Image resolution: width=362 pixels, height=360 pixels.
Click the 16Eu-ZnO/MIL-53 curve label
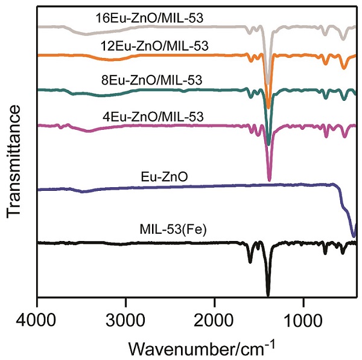(150, 18)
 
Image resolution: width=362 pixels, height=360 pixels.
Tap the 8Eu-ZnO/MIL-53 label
(151, 80)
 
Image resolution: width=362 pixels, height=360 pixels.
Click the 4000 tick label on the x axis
(37, 318)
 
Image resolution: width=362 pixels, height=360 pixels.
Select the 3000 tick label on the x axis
(126, 318)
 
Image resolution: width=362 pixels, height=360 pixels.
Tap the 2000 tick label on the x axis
(215, 318)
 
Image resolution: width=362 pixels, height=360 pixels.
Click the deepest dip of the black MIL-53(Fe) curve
(268, 295)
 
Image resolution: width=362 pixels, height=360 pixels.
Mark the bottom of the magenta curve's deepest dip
(269, 179)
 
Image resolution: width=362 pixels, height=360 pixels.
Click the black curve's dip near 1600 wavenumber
(250, 262)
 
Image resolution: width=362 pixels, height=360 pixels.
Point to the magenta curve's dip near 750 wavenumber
(326, 137)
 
